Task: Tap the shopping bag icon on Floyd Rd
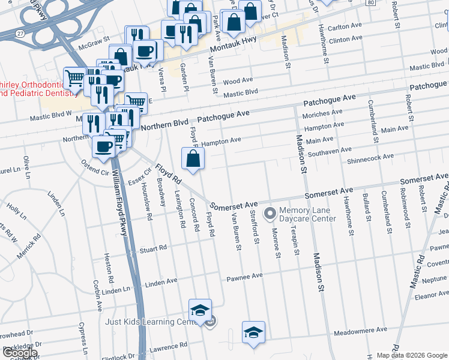pyautogui.click(x=193, y=160)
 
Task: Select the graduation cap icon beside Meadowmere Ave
pyautogui.click(x=254, y=332)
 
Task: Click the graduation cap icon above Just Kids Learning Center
pyautogui.click(x=200, y=310)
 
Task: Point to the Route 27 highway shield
pyautogui.click(x=20, y=33)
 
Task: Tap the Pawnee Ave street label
pyautogui.click(x=245, y=277)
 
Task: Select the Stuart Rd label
pyautogui.click(x=153, y=248)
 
